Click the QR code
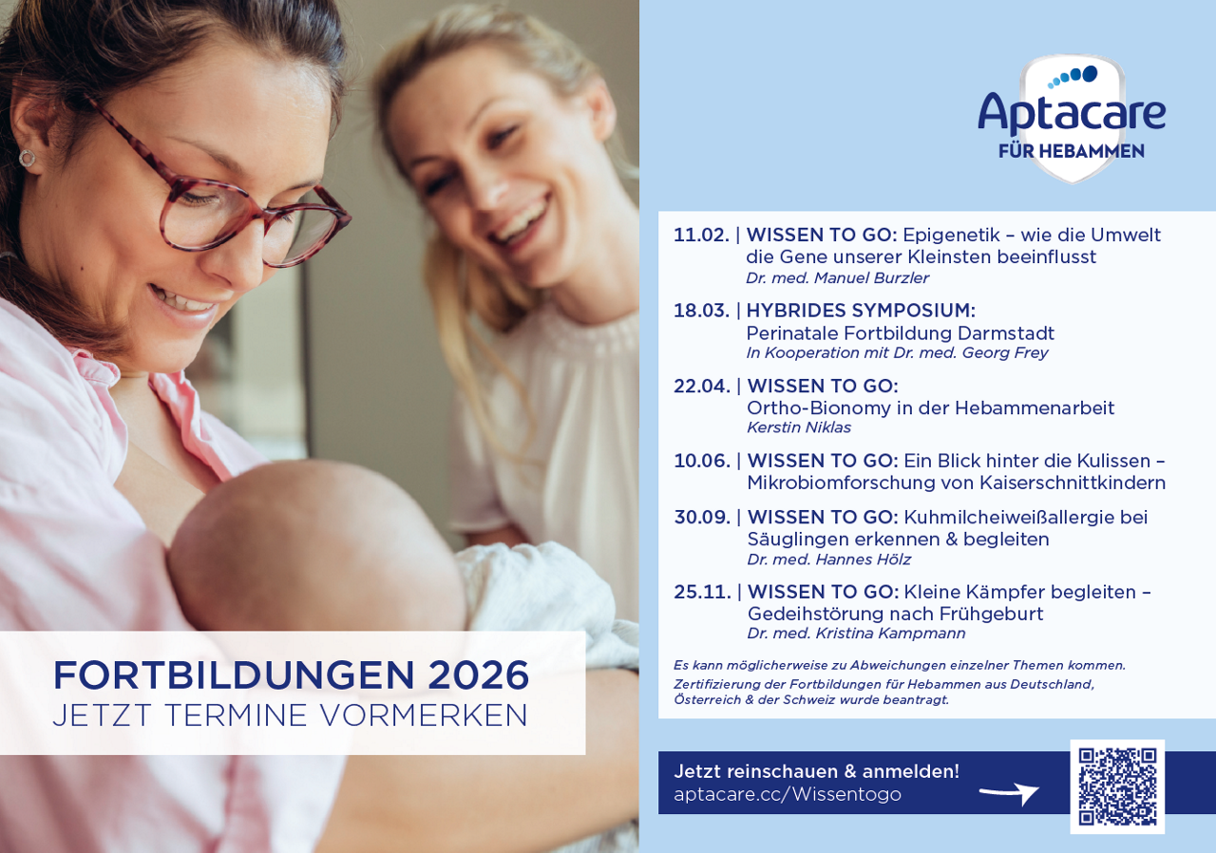pyautogui.click(x=1117, y=787)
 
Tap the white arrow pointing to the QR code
pyautogui.click(x=1009, y=792)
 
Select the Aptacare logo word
pyautogui.click(x=1072, y=112)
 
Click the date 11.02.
pyautogui.click(x=701, y=235)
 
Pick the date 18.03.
pyautogui.click(x=701, y=311)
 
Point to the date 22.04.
pyautogui.click(x=702, y=386)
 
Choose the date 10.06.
pyautogui.click(x=702, y=461)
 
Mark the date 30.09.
pyautogui.click(x=702, y=518)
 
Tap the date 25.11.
pyautogui.click(x=702, y=592)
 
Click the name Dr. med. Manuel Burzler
pyautogui.click(x=837, y=278)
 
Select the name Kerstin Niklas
pyautogui.click(x=799, y=427)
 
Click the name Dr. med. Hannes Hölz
pyautogui.click(x=828, y=559)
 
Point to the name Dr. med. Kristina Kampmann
pyautogui.click(x=856, y=634)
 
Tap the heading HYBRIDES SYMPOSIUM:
pyautogui.click(x=861, y=311)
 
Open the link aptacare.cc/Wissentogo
pyautogui.click(x=788, y=794)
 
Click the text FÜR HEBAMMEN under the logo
pyautogui.click(x=1071, y=152)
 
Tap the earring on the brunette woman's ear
pyautogui.click(x=28, y=159)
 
